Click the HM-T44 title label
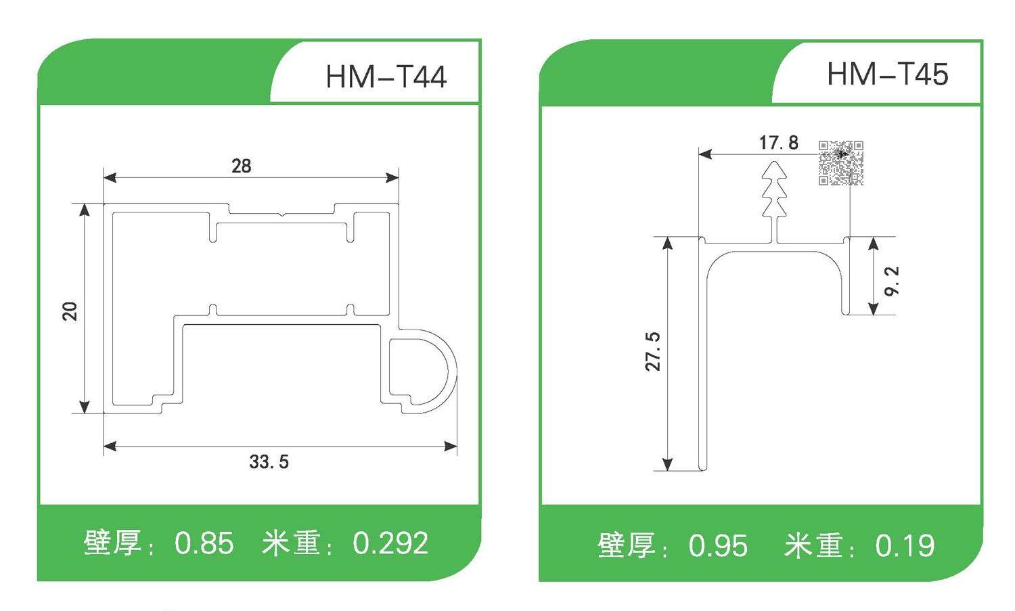pyautogui.click(x=386, y=76)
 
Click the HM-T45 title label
pyautogui.click(x=887, y=74)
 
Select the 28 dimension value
pyautogui.click(x=241, y=166)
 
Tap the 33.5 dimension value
pyautogui.click(x=269, y=462)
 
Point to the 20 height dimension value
pyautogui.click(x=70, y=311)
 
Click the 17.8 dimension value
pyautogui.click(x=778, y=143)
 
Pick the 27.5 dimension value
pyautogui.click(x=653, y=352)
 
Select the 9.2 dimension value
pyautogui.click(x=892, y=281)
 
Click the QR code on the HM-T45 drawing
pyautogui.click(x=840, y=163)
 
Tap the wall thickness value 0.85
pyautogui.click(x=204, y=543)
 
